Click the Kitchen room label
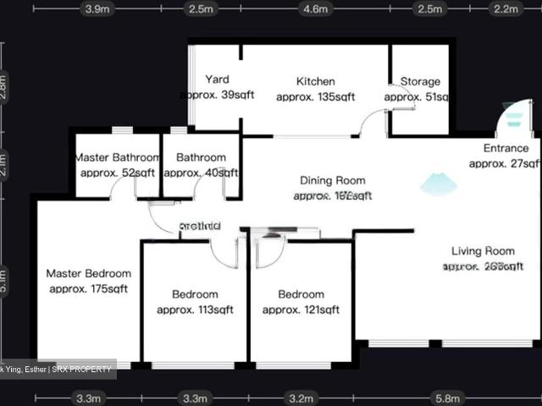pos(315,82)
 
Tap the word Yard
pos(218,80)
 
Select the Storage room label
pos(420,82)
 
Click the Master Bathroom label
pos(118,157)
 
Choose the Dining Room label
pos(333,180)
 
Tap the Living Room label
pos(483,251)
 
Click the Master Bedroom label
pos(89,274)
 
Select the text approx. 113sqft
pos(195,310)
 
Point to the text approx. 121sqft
pos(301,310)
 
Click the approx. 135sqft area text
pos(315,97)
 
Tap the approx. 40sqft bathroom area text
pos(202,173)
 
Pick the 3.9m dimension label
pos(97,9)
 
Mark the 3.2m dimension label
pos(301,398)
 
